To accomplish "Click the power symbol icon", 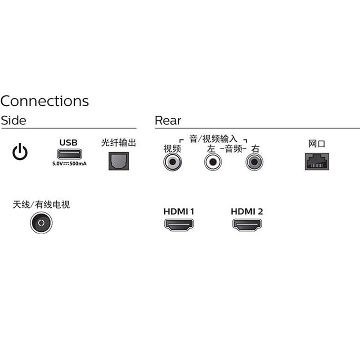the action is (20, 153).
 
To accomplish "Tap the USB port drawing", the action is (68, 154).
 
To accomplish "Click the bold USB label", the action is (68, 143).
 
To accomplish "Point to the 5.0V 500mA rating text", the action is (69, 163).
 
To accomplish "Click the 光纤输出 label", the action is (118, 144).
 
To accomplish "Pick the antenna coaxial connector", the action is (41, 223).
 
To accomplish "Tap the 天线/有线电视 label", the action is (41, 205).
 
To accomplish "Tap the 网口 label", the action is (316, 144).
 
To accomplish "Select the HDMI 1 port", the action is (179, 225).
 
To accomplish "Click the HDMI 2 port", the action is (247, 225).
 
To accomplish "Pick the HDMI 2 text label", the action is (247, 211).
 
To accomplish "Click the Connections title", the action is (45, 100).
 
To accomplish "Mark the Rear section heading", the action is (168, 121).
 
